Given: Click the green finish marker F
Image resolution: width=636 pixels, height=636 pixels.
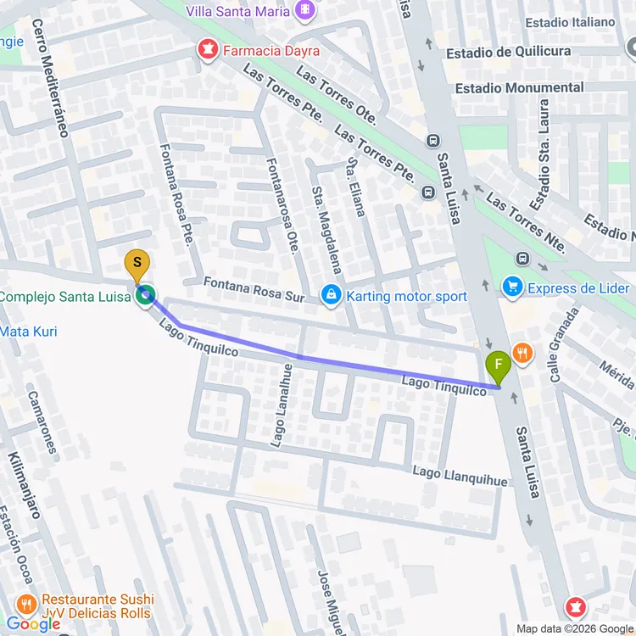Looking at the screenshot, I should [x=498, y=366].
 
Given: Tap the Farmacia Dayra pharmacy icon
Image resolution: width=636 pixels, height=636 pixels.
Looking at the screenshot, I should [x=205, y=51].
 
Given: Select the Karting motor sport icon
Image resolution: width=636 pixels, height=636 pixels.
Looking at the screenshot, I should [x=331, y=296].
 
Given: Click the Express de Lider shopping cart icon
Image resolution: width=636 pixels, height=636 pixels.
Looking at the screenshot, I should [x=511, y=287].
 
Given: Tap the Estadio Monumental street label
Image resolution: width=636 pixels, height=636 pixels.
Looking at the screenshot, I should [x=519, y=87].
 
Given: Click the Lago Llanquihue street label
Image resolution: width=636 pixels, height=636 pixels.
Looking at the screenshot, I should [x=460, y=476].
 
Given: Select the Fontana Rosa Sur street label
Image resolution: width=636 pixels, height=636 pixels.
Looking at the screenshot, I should [x=254, y=287].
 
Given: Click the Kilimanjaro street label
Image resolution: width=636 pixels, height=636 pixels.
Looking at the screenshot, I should [x=25, y=484].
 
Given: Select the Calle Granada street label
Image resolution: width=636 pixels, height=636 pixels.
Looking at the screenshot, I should [x=564, y=343].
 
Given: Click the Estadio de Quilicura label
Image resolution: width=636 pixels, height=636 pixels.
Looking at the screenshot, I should [x=520, y=53].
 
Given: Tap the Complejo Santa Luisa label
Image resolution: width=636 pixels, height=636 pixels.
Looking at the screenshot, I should [x=64, y=296].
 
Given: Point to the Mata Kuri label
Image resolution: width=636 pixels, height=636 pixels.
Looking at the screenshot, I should [x=29, y=331].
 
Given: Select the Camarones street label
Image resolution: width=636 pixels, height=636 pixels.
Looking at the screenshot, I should [x=43, y=421].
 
